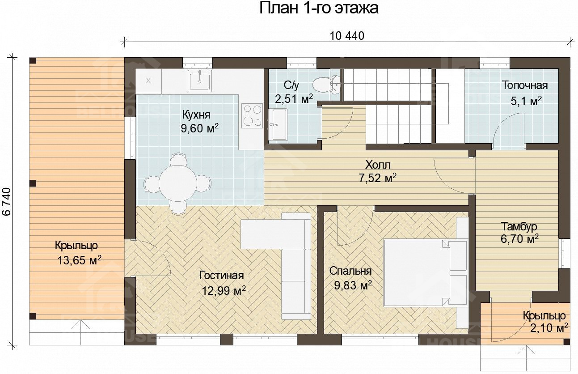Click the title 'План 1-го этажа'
pos(319,8)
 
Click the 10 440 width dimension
pos(347,36)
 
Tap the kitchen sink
pos(200,81)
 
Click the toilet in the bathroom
pos(325,84)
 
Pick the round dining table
pos(177,183)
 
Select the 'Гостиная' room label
pos(222,275)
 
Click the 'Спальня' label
pos(350,271)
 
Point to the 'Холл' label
pos(378,165)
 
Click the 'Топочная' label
pos(524,85)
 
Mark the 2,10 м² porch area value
pos(549,328)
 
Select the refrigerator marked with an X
pos(148,81)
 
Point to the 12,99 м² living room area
pos(224,291)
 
